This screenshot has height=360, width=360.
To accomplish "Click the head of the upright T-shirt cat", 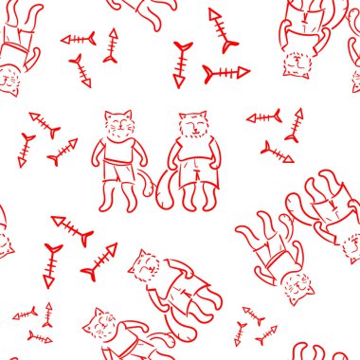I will pyautogui.click(x=118, y=126).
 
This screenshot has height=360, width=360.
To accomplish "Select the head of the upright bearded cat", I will pyautogui.click(x=192, y=126).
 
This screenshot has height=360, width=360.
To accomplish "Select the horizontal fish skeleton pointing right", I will pyautogui.click(x=227, y=73).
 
